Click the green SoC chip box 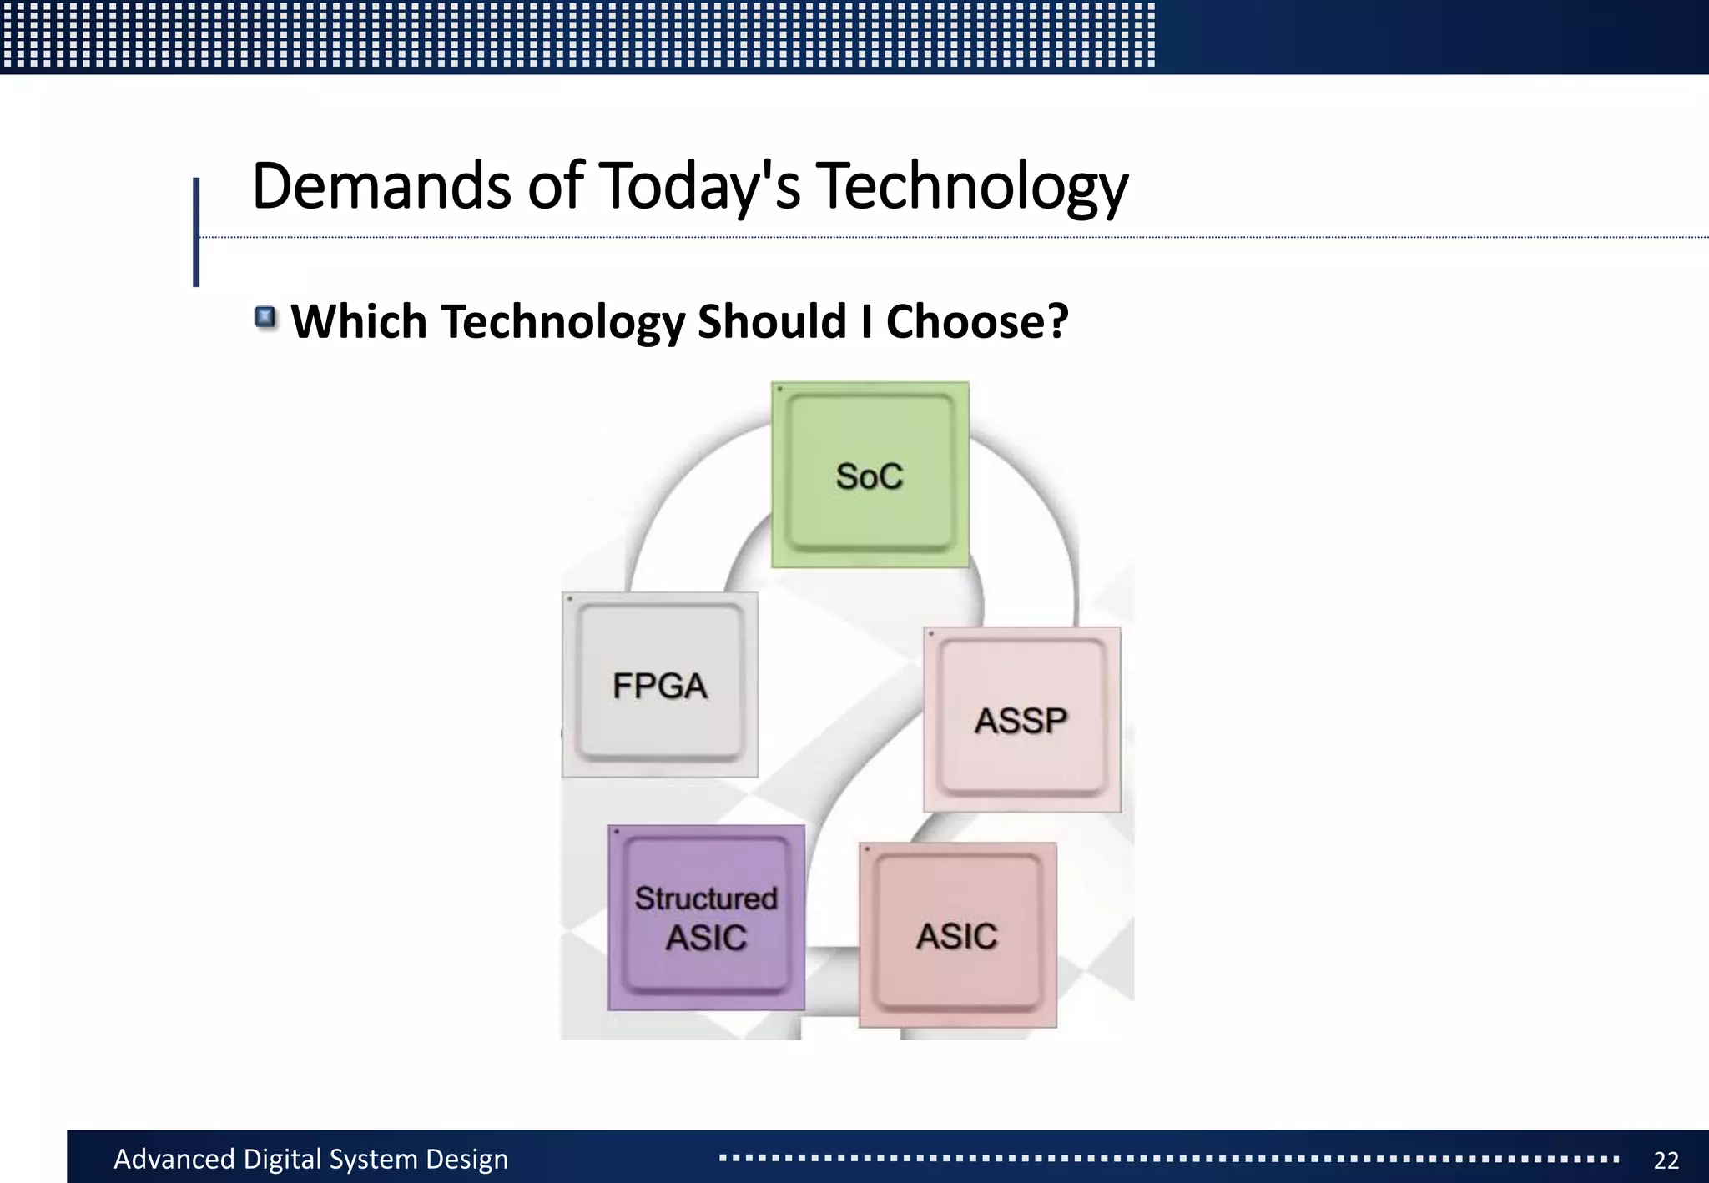[870, 475]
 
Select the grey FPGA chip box [659, 685]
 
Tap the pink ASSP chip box [1021, 719]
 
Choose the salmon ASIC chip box [957, 935]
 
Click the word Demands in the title [381, 185]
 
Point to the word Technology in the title [972, 185]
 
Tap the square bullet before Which [265, 317]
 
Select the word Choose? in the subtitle [976, 321]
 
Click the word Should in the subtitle [771, 321]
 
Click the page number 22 [1666, 1160]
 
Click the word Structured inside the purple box [706, 899]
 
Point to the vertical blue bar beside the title [196, 232]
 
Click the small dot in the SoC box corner [779, 390]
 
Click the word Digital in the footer [281, 1159]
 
